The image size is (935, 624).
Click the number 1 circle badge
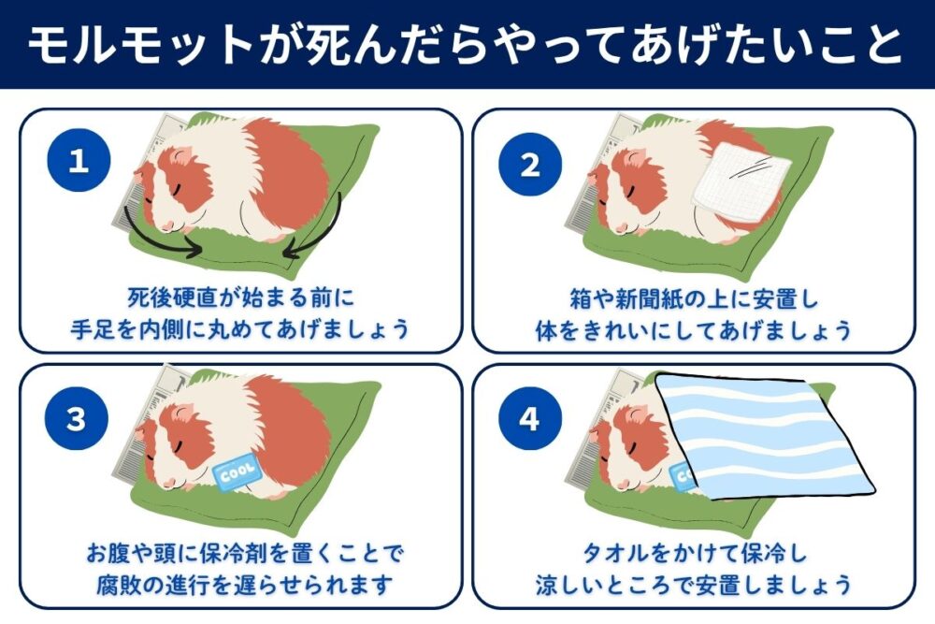79,162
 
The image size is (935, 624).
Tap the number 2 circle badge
530,166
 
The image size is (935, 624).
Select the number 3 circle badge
79,419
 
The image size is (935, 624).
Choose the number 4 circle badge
530,419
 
